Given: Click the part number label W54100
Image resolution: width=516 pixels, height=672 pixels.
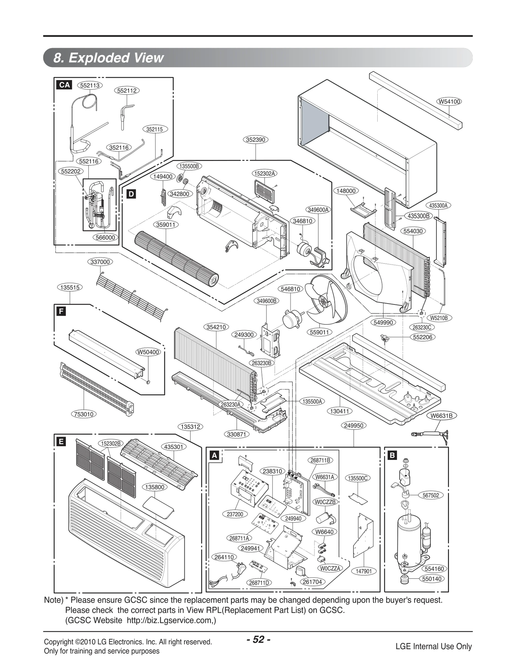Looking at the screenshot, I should (449, 102).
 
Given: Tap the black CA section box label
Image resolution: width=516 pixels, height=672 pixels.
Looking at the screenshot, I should (64, 85).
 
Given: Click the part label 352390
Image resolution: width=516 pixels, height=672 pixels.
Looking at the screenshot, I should (255, 140).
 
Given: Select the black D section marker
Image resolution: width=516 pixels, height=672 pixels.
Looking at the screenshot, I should (131, 194).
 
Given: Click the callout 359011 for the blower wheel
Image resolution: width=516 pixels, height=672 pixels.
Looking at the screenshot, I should (166, 224).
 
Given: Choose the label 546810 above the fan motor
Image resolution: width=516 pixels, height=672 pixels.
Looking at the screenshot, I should (290, 289).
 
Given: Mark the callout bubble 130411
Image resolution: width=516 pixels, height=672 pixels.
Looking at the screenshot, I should (340, 411).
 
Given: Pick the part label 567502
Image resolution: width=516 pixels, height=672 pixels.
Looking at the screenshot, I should (431, 495).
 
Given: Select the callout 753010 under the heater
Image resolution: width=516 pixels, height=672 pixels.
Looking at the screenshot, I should (84, 414).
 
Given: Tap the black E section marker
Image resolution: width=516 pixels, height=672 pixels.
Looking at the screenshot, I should (61, 442).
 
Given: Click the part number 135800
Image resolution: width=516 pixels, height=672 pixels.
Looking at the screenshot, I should (155, 487).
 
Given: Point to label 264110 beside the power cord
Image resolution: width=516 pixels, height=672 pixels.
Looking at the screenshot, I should (224, 557).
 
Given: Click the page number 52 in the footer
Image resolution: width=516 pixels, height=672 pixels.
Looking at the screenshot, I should (258, 639).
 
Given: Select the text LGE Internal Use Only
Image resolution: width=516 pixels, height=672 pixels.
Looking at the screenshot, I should (433, 646).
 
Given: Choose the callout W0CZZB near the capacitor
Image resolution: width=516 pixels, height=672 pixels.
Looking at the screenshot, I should (325, 502).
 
